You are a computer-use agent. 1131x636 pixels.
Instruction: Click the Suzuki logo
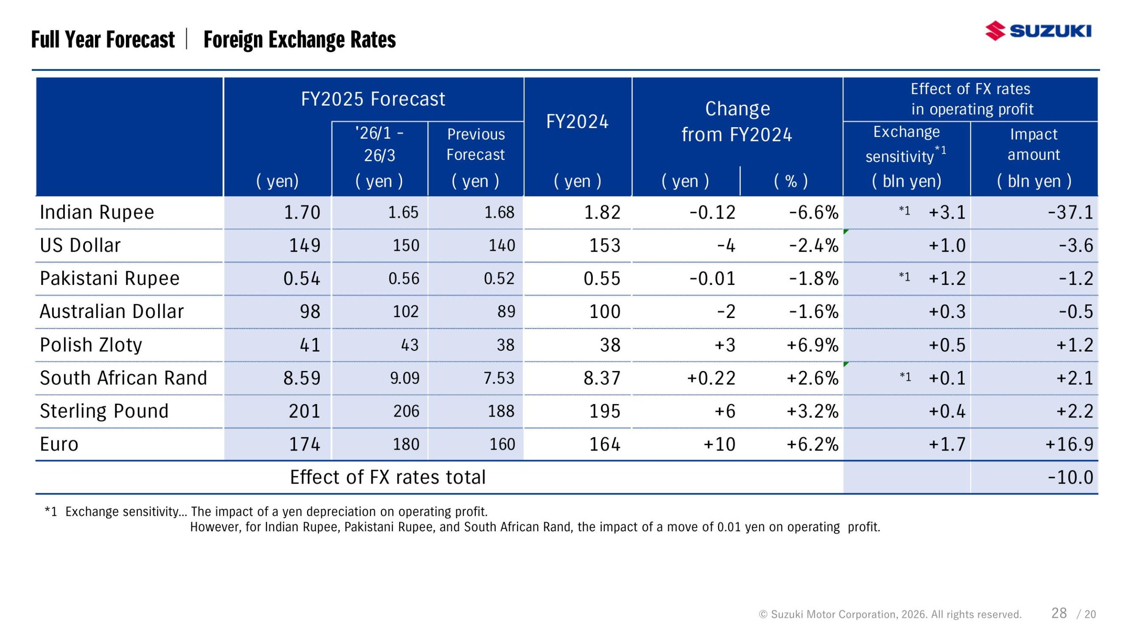pyautogui.click(x=1038, y=31)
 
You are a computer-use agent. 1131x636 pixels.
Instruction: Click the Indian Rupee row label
pyautogui.click(x=97, y=212)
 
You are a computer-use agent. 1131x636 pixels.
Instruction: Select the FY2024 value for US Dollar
pyautogui.click(x=604, y=246)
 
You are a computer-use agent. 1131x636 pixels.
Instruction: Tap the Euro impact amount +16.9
pyautogui.click(x=1069, y=444)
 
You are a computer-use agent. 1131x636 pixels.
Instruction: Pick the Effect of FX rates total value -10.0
pyautogui.click(x=1070, y=477)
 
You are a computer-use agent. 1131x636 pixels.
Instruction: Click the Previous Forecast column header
pyautogui.click(x=475, y=144)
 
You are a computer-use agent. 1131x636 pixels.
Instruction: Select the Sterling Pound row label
pyautogui.click(x=104, y=411)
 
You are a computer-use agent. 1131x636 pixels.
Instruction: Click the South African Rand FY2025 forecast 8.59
pyautogui.click(x=302, y=378)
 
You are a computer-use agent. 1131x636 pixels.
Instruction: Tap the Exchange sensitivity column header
pyautogui.click(x=906, y=144)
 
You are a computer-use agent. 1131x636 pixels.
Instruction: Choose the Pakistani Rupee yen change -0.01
pyautogui.click(x=712, y=279)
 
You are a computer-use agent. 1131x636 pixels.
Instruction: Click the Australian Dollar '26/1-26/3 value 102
pyautogui.click(x=406, y=312)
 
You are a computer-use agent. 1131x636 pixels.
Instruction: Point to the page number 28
pyautogui.click(x=1059, y=613)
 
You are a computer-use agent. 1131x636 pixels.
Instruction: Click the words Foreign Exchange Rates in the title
pyautogui.click(x=300, y=40)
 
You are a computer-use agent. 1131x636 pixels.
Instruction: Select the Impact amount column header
pyautogui.click(x=1033, y=144)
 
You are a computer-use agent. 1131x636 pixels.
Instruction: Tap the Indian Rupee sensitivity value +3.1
pyautogui.click(x=947, y=212)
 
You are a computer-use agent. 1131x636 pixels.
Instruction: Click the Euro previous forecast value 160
pyautogui.click(x=502, y=444)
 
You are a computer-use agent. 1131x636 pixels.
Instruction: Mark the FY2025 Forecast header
pyautogui.click(x=373, y=99)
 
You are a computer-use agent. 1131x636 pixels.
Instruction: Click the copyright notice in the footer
pyautogui.click(x=890, y=614)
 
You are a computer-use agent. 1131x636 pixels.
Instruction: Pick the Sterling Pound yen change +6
pyautogui.click(x=725, y=411)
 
